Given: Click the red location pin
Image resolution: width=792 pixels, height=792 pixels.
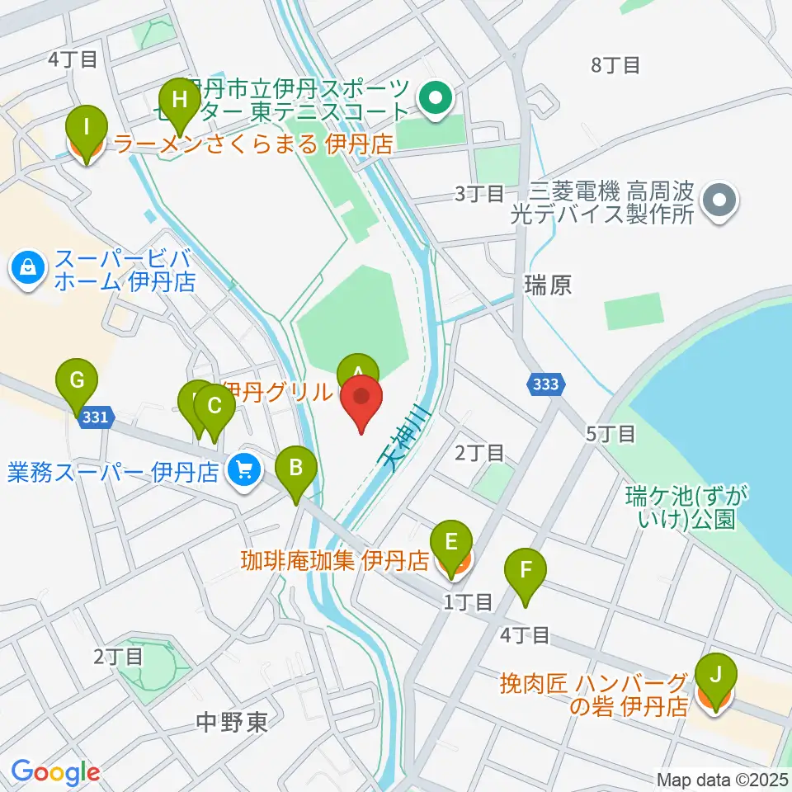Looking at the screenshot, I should click(x=362, y=400).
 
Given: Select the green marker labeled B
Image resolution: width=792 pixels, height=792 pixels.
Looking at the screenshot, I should click(x=297, y=474).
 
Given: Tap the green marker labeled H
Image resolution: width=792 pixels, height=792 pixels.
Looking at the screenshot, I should click(x=180, y=105).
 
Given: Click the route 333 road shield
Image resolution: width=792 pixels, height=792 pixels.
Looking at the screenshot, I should click(x=545, y=384).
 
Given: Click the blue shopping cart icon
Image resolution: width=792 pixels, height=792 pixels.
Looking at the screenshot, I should click(x=243, y=472).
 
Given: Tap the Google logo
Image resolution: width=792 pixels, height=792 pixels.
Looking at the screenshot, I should click(x=55, y=773).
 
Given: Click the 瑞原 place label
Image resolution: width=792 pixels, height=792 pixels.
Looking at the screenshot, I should click(x=548, y=286).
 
